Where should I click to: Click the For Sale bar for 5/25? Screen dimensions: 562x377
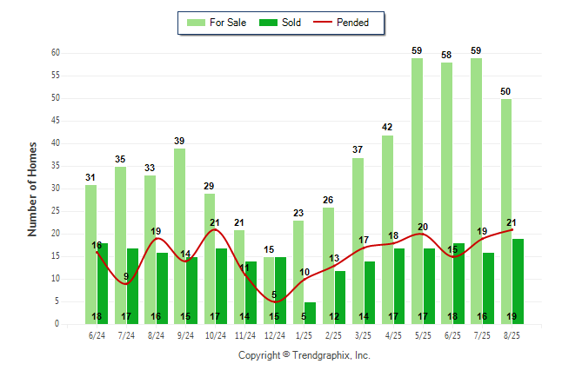417,191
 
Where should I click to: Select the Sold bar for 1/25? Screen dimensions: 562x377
310,314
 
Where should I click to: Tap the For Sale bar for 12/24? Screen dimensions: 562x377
269,290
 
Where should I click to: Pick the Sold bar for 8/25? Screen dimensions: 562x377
518,281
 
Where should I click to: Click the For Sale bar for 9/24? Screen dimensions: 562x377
179,236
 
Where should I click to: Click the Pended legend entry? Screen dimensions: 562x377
341,23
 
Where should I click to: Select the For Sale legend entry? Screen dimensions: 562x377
217,23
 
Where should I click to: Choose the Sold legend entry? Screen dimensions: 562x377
280,23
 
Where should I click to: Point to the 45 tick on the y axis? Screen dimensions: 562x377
55,121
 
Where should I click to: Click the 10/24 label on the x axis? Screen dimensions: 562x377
216,335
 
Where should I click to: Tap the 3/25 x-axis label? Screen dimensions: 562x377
363,335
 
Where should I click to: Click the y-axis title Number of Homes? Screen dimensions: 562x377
32,189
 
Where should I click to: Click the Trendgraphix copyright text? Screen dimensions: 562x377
304,355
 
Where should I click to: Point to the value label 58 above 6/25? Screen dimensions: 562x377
446,55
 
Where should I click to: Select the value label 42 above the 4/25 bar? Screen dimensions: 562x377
387,127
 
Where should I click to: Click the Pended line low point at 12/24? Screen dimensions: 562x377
275,301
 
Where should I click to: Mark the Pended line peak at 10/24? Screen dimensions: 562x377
215,229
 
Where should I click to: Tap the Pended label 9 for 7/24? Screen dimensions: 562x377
126,276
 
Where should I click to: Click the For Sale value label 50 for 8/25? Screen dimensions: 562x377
505,92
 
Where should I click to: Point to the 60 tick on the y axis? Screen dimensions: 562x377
55,53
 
